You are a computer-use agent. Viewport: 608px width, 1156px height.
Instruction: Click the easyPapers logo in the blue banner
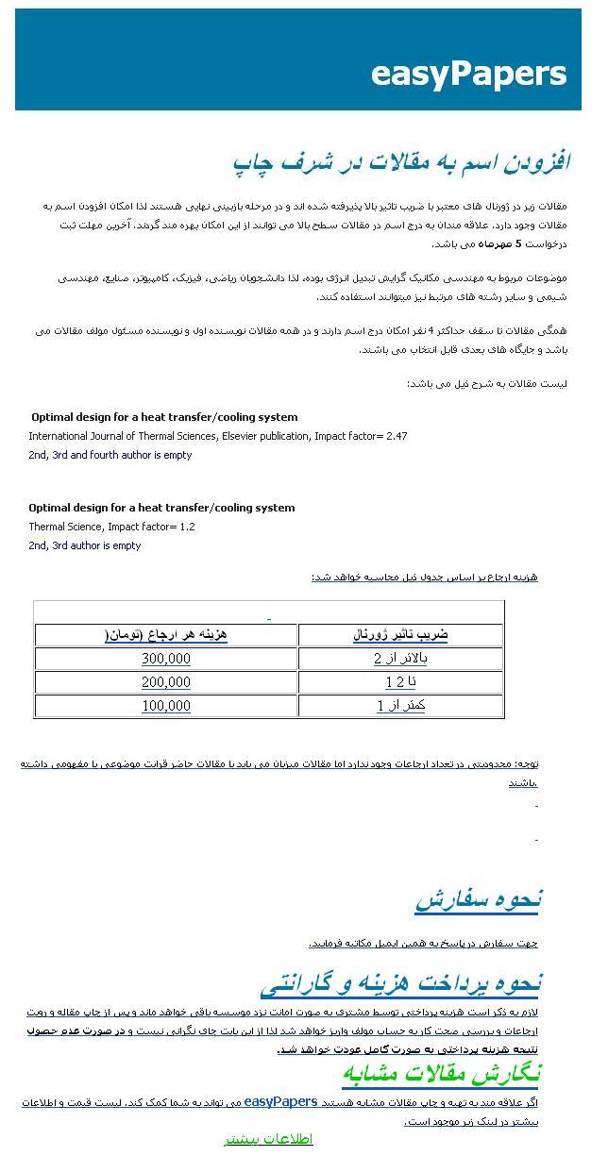(x=468, y=73)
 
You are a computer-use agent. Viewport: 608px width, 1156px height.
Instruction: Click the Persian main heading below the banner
(x=401, y=162)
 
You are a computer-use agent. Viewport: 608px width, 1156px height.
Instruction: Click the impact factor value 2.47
(x=397, y=436)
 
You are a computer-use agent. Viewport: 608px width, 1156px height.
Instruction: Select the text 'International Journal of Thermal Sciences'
(x=123, y=436)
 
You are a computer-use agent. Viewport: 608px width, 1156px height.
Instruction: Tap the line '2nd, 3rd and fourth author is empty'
(x=110, y=455)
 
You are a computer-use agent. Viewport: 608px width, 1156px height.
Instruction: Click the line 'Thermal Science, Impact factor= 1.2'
(x=111, y=527)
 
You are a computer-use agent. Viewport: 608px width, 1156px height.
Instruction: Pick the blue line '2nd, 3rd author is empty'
(x=84, y=545)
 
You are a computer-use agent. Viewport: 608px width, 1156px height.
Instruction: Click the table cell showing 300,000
(x=166, y=659)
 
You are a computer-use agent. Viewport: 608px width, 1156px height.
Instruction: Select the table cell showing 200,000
(x=166, y=682)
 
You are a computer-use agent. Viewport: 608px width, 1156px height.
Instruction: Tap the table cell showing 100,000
(x=166, y=706)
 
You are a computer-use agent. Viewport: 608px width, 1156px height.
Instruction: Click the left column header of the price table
(x=166, y=635)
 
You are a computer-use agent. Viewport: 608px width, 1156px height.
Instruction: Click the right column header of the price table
(x=400, y=635)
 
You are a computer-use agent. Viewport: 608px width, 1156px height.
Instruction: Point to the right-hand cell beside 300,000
(x=400, y=659)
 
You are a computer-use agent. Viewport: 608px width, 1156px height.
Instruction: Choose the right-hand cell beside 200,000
(x=400, y=682)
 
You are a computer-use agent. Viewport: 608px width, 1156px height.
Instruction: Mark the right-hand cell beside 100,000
(x=400, y=706)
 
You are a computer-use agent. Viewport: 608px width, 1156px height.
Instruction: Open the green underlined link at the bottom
(x=268, y=1139)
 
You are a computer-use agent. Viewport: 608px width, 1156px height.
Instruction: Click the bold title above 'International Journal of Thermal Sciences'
(x=164, y=417)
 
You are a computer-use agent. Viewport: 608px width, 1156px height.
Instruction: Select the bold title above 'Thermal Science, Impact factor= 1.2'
(x=161, y=508)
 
